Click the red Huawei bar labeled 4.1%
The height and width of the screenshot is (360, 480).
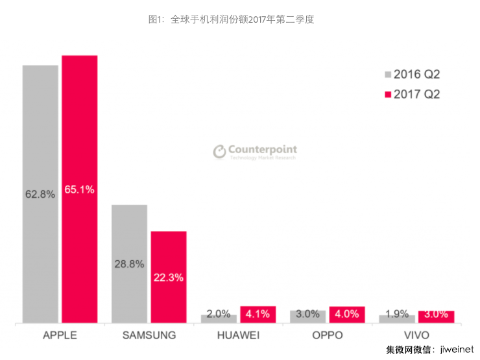[x=258, y=315]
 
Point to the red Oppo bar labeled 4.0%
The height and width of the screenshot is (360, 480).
[x=347, y=315]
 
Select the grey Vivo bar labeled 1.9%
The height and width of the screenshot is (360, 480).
[x=397, y=318]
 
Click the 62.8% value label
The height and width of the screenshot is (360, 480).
[x=40, y=194]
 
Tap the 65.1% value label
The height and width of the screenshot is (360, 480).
[x=79, y=190]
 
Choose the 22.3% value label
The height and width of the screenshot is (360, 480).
[x=169, y=278]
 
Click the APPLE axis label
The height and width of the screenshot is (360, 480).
[x=60, y=335]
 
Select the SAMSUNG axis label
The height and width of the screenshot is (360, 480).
[x=149, y=335]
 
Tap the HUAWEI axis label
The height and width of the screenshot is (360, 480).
[x=238, y=335]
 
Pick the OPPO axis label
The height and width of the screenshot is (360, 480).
[x=327, y=335]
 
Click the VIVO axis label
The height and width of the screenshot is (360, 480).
[x=416, y=335]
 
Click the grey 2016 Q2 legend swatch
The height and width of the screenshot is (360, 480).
[x=388, y=75]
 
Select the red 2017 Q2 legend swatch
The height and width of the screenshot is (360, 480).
[x=388, y=95]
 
